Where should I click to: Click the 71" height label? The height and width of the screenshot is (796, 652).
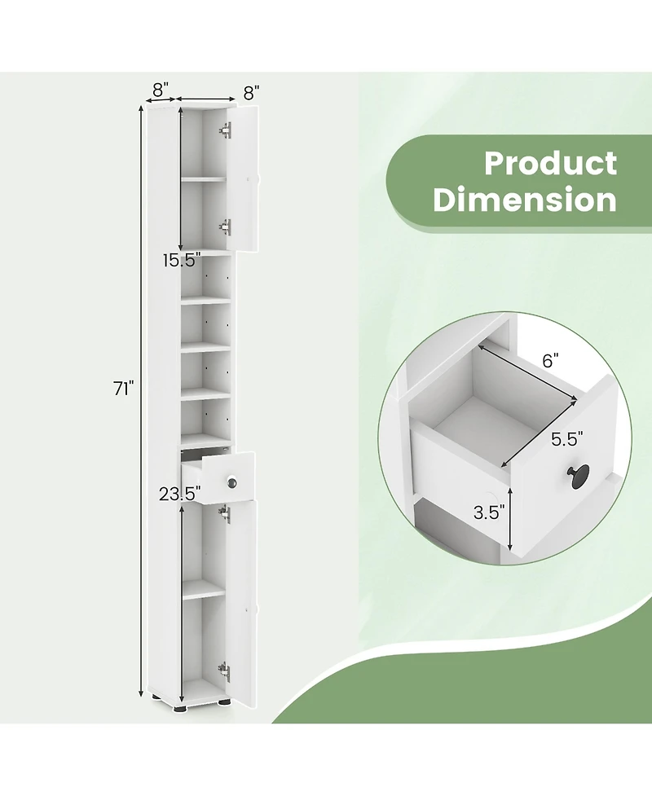123,389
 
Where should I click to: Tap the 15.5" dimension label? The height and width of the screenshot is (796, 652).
181,261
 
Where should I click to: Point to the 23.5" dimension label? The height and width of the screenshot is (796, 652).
180,494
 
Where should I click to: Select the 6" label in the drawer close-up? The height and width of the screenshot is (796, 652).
550,360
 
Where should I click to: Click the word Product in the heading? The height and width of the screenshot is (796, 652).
550,163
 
